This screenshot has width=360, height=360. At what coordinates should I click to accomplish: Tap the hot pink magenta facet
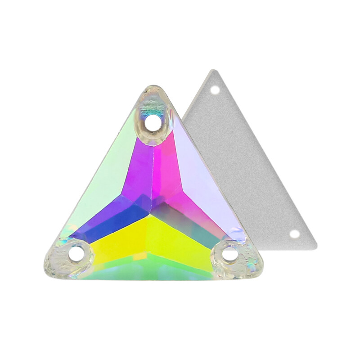(x=173, y=175)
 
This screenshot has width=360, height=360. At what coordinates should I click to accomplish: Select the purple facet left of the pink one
(x=139, y=175)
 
